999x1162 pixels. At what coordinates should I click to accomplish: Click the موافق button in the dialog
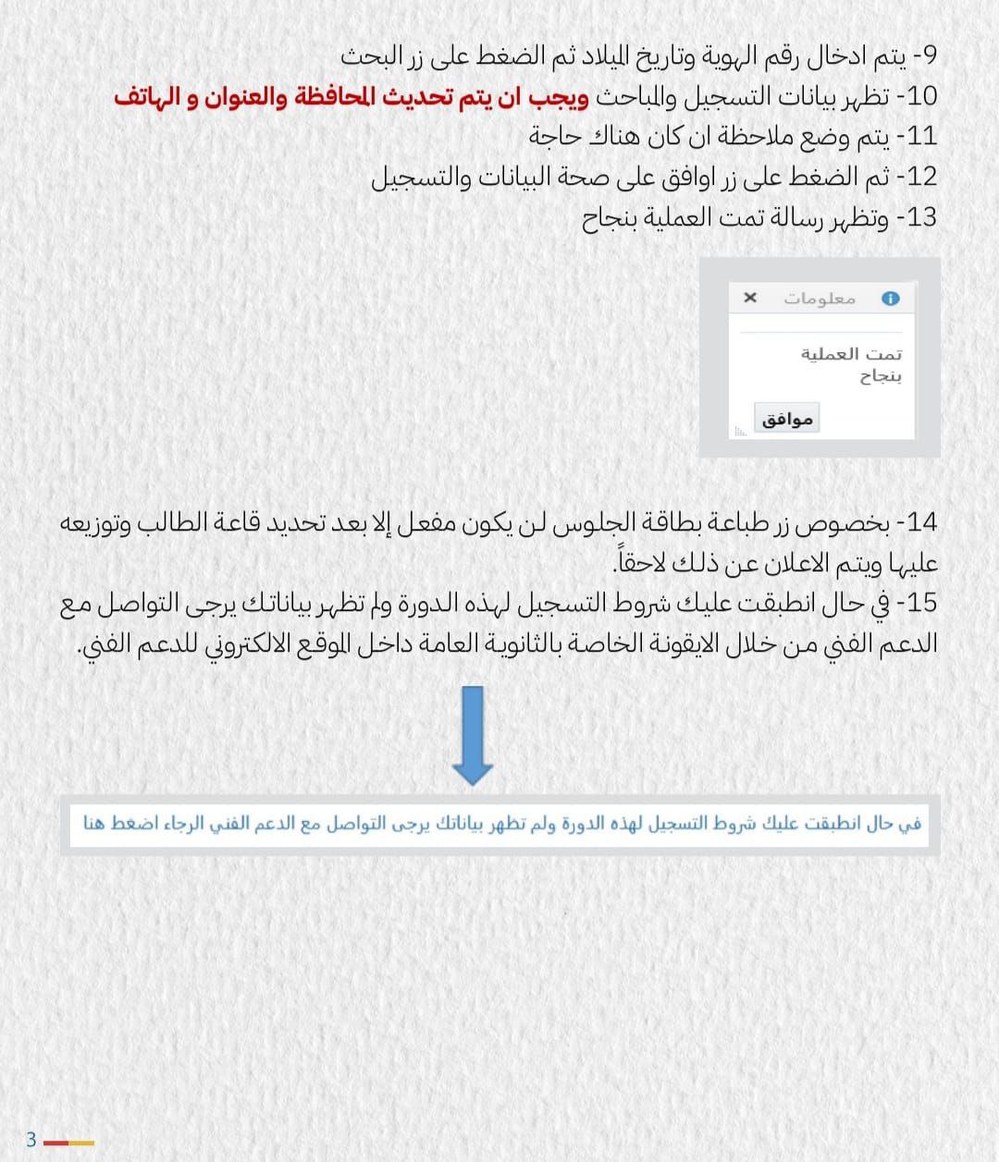click(787, 419)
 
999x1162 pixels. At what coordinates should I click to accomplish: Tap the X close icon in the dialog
click(750, 298)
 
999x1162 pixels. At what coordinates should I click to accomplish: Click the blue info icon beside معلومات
click(890, 298)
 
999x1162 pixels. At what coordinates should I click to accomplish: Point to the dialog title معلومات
click(820, 298)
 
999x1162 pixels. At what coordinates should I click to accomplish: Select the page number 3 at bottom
click(31, 1139)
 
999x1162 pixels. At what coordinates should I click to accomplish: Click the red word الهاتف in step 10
click(149, 96)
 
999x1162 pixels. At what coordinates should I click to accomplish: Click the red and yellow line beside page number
click(68, 1144)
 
